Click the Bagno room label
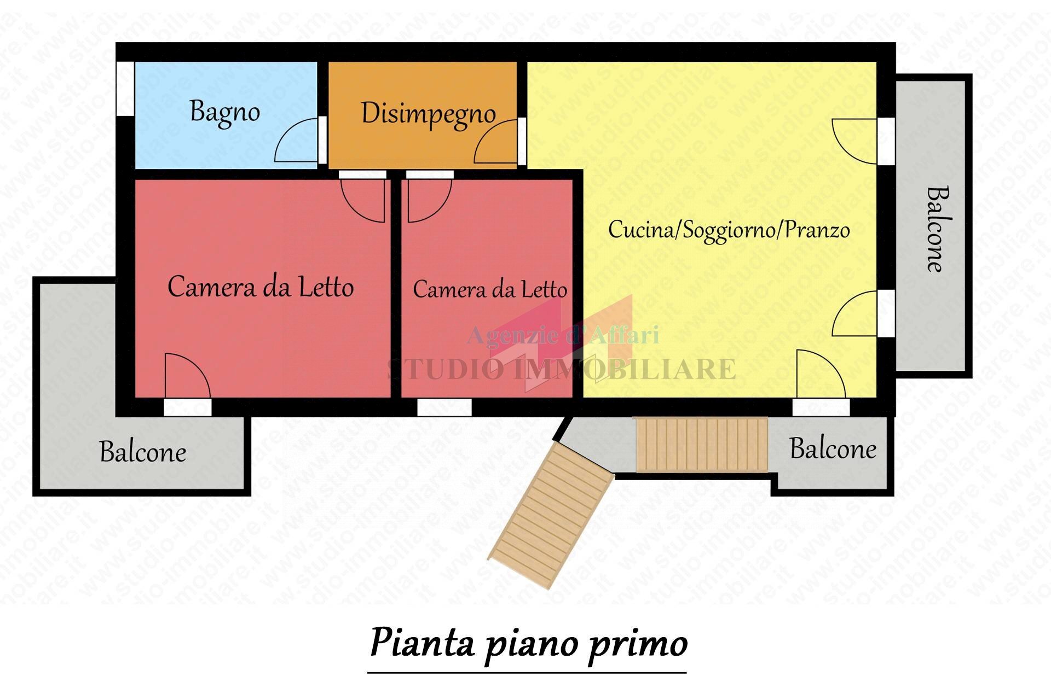point(224,112)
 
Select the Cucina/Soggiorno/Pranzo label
point(729,230)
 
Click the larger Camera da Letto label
point(261,287)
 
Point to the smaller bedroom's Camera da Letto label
point(489,289)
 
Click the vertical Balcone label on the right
point(937,229)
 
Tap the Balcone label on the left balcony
point(143,452)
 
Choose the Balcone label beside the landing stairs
point(833,450)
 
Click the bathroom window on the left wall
point(125,88)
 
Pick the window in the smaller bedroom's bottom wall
point(444,407)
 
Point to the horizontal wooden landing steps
point(702,444)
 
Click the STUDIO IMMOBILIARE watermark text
point(562,369)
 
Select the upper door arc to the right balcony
point(854,141)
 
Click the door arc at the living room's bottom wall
point(819,375)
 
